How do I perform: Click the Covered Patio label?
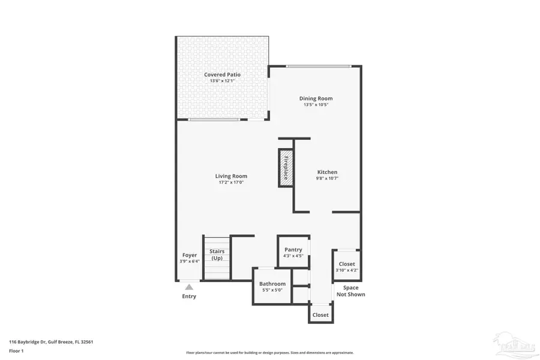(222, 75)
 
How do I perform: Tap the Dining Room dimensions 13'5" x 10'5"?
(316, 104)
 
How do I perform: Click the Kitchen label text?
(327, 172)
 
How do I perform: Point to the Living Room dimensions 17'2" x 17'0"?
(231, 182)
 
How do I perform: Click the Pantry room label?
(293, 250)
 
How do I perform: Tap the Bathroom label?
(272, 284)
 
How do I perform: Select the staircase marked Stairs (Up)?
(217, 258)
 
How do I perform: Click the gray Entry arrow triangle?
(189, 287)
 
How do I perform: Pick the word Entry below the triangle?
(189, 296)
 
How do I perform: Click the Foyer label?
(190, 255)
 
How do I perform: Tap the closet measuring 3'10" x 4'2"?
(346, 267)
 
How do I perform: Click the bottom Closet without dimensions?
(320, 314)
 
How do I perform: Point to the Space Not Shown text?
(351, 291)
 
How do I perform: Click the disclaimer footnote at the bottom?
(270, 353)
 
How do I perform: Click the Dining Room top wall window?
(316, 66)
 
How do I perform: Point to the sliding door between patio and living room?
(214, 119)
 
